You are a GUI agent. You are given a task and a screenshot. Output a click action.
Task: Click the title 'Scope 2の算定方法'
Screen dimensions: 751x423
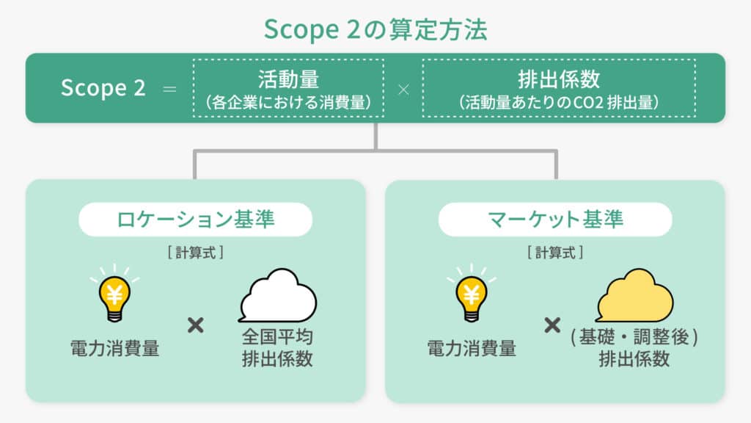coord(375,29)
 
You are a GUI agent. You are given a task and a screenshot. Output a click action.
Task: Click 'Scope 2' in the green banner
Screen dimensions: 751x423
coord(103,88)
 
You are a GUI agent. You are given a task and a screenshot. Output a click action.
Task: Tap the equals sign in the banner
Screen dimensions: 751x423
coord(169,89)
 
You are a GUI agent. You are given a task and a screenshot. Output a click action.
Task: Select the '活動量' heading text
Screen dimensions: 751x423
coord(288,79)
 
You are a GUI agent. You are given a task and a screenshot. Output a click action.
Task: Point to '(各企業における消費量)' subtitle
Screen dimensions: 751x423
coord(288,102)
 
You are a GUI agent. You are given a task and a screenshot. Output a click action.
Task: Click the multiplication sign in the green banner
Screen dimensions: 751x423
coord(403,90)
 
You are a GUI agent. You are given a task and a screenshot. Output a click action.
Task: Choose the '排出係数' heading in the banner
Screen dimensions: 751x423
coord(558,79)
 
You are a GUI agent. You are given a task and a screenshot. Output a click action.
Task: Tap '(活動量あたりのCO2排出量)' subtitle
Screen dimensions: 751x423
coord(558,102)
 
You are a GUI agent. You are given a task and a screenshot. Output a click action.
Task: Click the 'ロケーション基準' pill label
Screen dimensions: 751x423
coord(195,219)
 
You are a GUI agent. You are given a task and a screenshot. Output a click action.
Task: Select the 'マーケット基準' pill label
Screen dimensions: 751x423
coord(555,219)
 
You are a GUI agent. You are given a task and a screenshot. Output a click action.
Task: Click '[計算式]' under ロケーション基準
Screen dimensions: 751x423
coord(195,253)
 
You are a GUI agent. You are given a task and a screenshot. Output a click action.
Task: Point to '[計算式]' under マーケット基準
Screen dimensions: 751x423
coord(555,253)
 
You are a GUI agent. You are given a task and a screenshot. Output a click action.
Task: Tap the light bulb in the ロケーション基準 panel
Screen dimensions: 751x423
coord(114,294)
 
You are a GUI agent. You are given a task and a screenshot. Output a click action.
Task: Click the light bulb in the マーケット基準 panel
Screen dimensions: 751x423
coord(472,294)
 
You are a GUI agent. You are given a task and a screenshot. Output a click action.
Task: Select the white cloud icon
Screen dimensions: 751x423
coord(278,295)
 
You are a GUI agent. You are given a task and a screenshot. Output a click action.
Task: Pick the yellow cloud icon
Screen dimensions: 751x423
coord(634,295)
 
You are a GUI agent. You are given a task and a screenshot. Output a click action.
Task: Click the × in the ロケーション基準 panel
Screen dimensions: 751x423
coord(195,325)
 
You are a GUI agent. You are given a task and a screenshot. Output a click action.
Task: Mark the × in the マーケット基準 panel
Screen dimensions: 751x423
coord(552,325)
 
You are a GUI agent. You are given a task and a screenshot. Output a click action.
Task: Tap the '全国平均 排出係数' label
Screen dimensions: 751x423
coord(277,347)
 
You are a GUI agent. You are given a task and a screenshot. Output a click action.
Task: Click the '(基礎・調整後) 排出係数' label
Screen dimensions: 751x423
coord(634,347)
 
